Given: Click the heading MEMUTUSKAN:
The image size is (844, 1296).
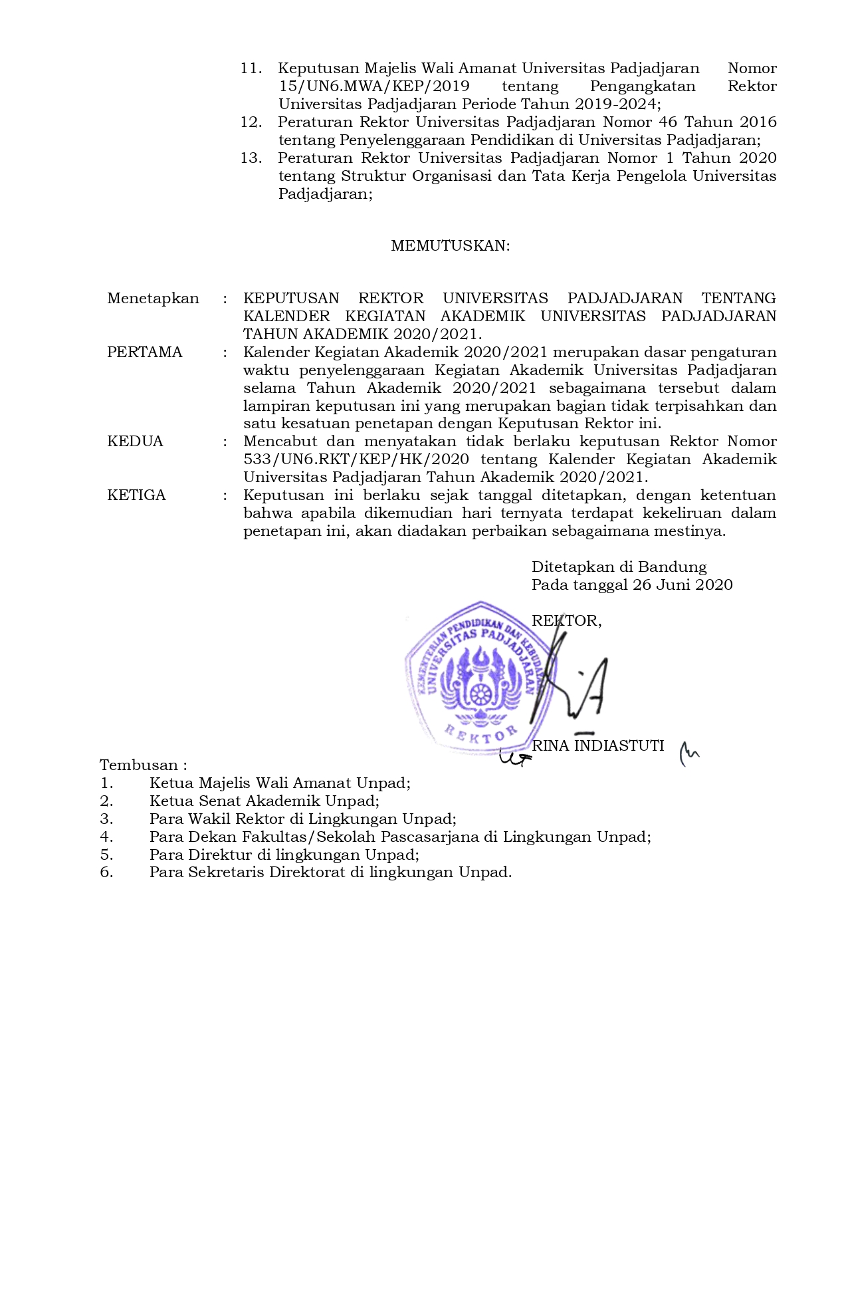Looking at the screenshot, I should click(450, 246).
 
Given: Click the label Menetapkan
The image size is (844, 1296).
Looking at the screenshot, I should click(153, 299).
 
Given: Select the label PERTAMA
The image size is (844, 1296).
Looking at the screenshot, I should click(144, 352).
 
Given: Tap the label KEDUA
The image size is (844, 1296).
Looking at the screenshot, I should click(135, 442).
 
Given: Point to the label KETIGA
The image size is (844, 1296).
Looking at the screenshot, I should click(136, 495).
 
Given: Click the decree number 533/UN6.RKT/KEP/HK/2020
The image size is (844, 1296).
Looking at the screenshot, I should click(356, 459).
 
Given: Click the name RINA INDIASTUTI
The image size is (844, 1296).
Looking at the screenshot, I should click(597, 746).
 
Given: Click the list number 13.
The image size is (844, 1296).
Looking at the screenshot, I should click(251, 158).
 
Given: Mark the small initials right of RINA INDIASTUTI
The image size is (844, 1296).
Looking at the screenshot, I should click(689, 753).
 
